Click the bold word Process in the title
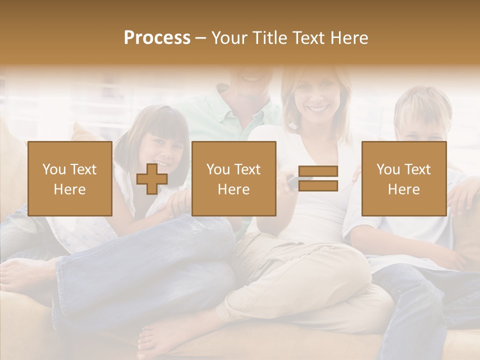157,37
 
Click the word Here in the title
348,37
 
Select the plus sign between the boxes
151,179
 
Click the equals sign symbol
318,178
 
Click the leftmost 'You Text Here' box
69,178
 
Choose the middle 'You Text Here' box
233,178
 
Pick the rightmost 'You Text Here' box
403,178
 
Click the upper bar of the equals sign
318,171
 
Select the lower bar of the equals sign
318,185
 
